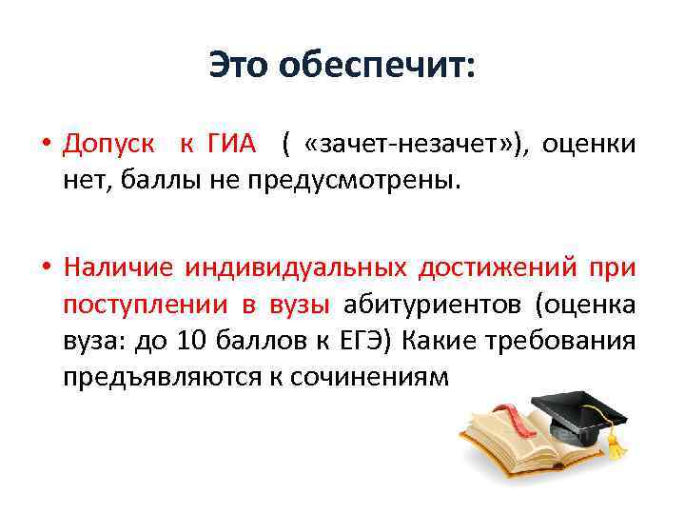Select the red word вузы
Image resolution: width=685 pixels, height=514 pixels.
[x=300, y=305]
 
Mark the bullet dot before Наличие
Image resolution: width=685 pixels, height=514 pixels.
[x=47, y=269]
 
